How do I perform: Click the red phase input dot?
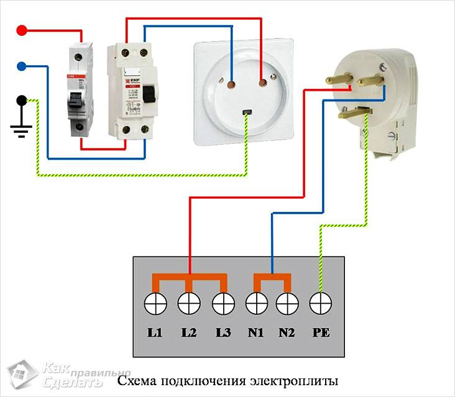point(22,29)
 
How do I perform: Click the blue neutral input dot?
point(22,65)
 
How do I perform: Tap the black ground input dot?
point(22,99)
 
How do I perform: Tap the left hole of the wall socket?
point(231,81)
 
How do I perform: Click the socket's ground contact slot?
point(247,112)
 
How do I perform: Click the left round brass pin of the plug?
point(338,80)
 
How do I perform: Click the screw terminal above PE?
point(320,304)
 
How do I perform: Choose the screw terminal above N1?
point(255,304)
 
